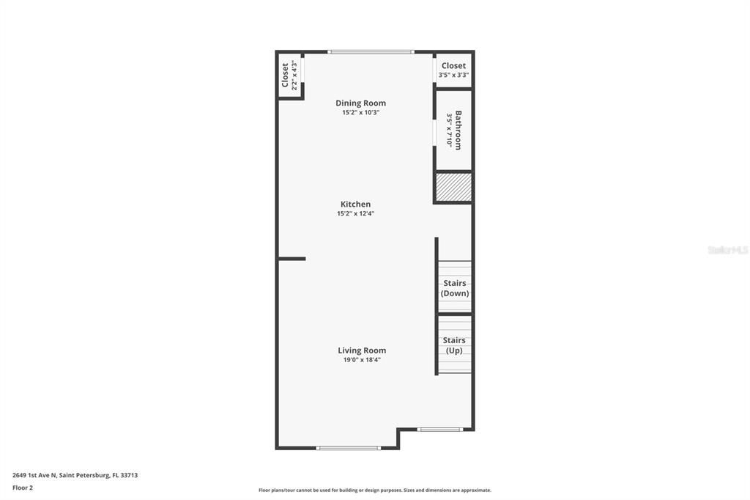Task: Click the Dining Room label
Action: click(360, 103)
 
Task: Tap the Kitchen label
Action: click(355, 205)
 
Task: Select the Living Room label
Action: click(362, 350)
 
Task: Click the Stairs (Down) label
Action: click(455, 288)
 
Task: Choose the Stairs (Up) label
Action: click(454, 345)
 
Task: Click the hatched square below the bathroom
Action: click(453, 187)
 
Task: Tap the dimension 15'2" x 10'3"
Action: click(360, 113)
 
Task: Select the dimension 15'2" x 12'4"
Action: click(355, 214)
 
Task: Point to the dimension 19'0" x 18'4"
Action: click(362, 360)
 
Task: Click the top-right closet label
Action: click(453, 66)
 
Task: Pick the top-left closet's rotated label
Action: click(286, 74)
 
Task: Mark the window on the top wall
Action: click(371, 52)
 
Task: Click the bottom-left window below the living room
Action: click(348, 447)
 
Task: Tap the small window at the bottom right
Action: click(439, 429)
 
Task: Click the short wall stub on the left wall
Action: click(292, 259)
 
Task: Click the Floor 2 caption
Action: click(23, 488)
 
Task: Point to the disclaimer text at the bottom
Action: click(374, 490)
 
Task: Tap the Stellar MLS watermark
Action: click(727, 250)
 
